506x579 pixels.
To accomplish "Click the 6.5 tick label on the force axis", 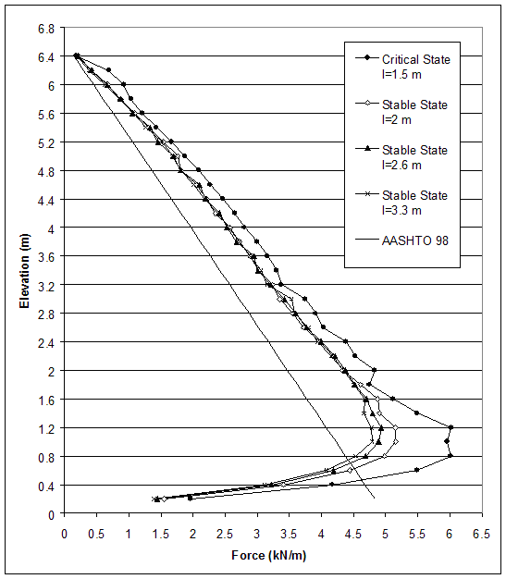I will coord(481,534).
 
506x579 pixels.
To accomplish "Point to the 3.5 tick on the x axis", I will coord(289,534).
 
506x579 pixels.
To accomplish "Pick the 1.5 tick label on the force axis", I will coord(160,534).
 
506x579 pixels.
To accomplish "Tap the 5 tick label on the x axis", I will coord(385,534).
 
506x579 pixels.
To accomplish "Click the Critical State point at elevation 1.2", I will coord(450,427).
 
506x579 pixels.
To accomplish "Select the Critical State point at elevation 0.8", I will coord(450,456).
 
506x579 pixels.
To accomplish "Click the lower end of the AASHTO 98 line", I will coord(374,499).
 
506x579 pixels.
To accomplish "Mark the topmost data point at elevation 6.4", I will coord(77,56).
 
